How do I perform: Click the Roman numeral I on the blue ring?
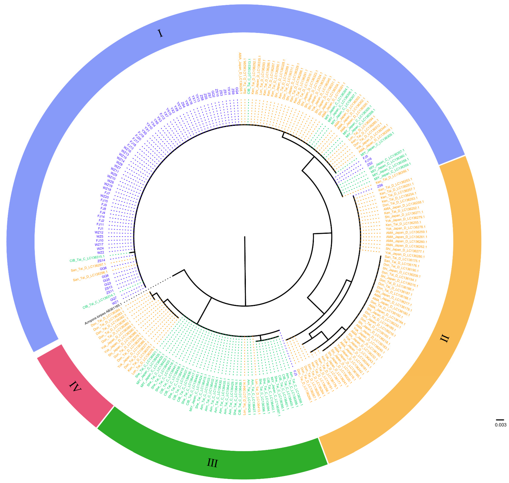(x=160, y=33)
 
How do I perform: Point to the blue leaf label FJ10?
(x=100, y=240)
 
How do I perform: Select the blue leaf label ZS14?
(x=101, y=261)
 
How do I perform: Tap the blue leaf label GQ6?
(x=103, y=268)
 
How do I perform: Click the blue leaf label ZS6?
(x=380, y=186)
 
